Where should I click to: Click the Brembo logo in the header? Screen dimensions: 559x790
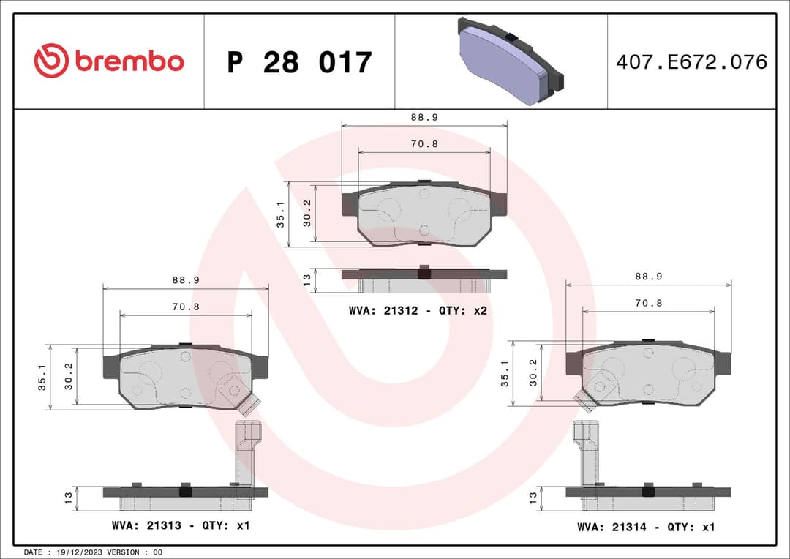[x=109, y=61]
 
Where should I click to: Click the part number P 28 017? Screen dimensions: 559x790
[x=299, y=63]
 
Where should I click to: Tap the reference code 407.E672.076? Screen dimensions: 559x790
[x=691, y=62]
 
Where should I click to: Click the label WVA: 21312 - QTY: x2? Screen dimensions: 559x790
[x=418, y=311]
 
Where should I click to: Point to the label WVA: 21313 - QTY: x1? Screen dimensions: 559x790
[x=181, y=525]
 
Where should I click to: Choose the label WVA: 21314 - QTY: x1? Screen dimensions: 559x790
[x=646, y=527]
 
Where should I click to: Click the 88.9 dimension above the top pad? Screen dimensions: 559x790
[x=424, y=117]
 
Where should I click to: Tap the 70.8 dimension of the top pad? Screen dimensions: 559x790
[x=424, y=144]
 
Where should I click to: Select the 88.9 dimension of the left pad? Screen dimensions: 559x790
[x=186, y=280]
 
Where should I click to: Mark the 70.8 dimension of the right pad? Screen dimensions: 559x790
[x=648, y=303]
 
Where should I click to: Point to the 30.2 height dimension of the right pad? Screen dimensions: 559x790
[x=533, y=372]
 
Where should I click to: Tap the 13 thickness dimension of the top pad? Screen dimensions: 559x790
[x=308, y=278]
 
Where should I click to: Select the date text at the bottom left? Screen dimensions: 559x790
[x=93, y=552]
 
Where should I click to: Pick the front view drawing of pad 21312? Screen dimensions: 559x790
[x=424, y=214]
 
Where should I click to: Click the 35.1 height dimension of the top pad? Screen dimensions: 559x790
[x=280, y=214]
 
